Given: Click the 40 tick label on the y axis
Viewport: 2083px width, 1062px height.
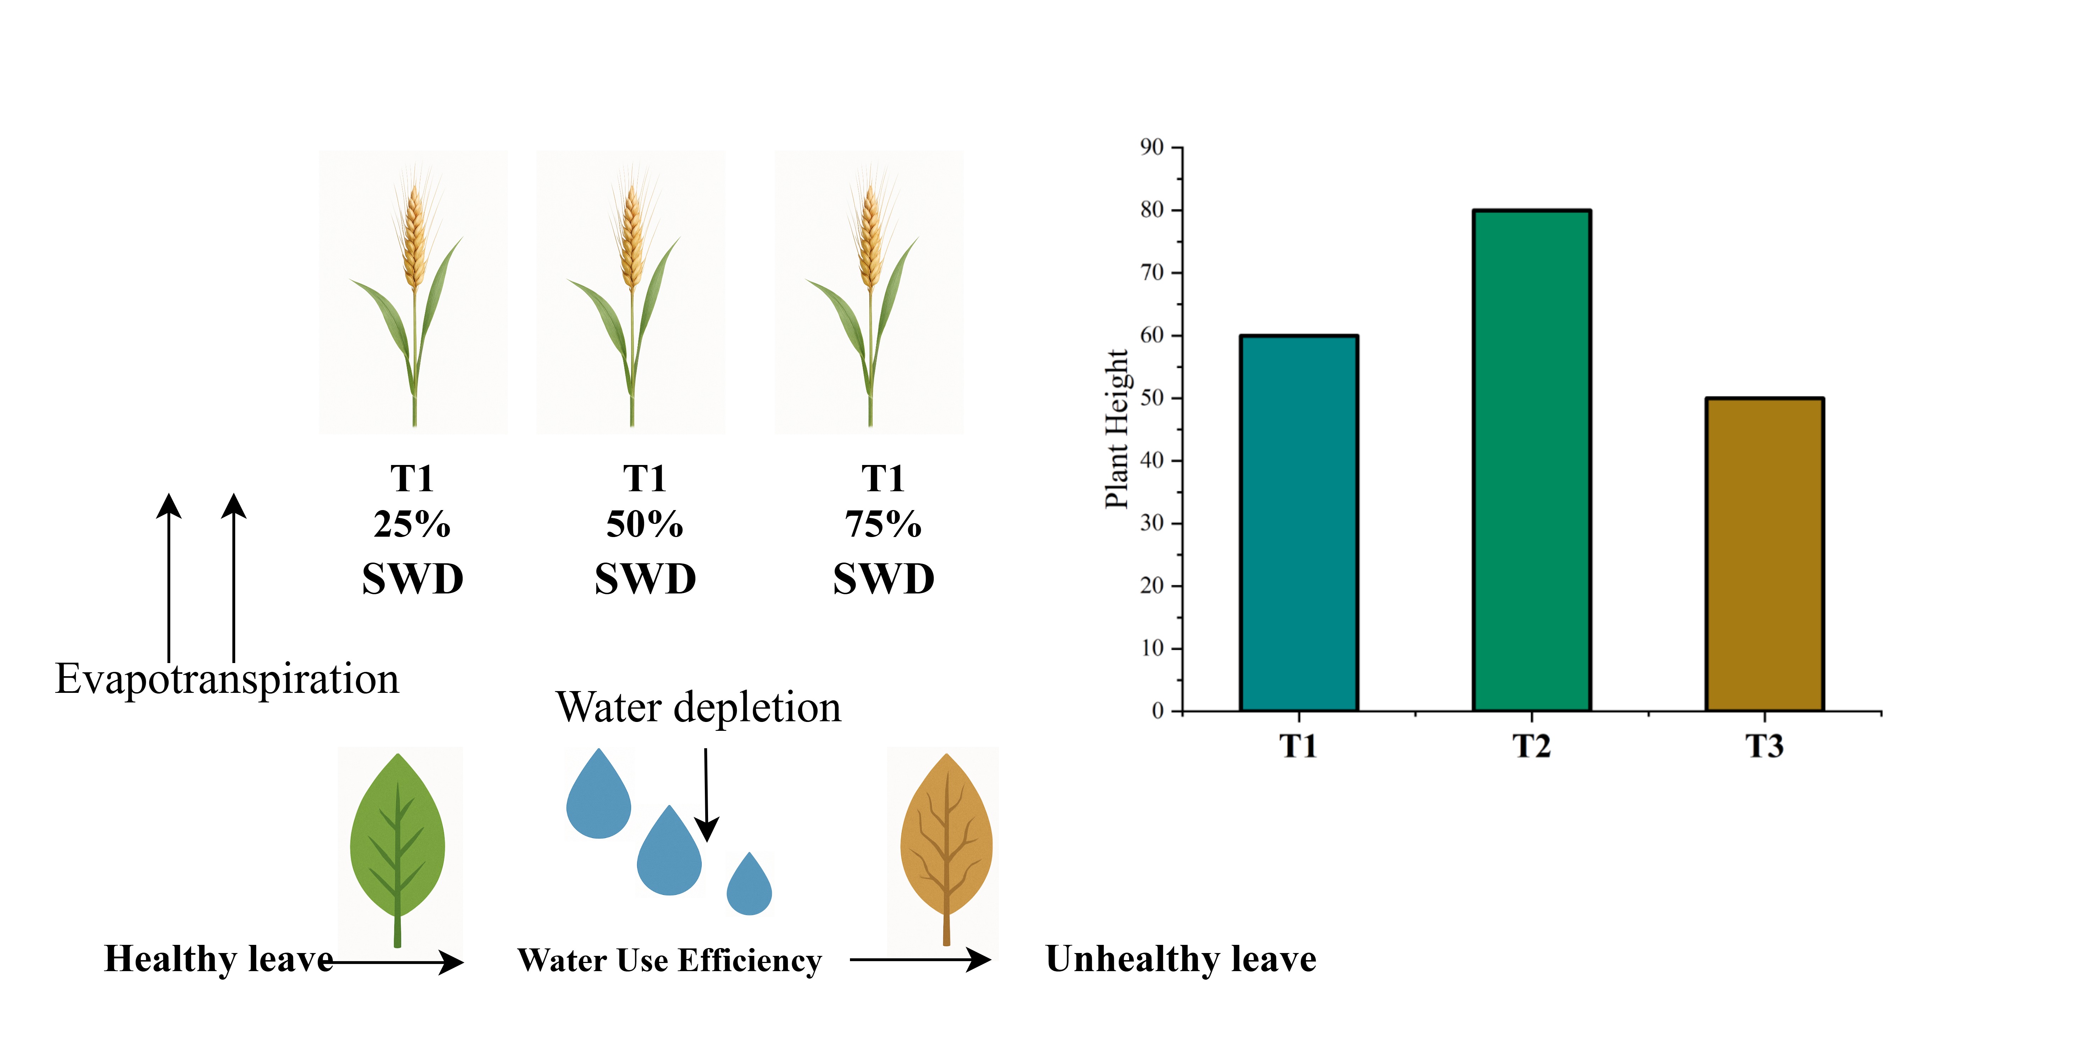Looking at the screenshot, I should pyautogui.click(x=1151, y=460).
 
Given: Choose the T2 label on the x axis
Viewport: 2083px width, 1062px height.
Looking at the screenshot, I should pyautogui.click(x=1531, y=746).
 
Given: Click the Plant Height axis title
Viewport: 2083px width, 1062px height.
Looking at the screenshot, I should pyautogui.click(x=1117, y=429).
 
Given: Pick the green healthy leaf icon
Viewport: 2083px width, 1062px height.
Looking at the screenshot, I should pyautogui.click(x=397, y=841).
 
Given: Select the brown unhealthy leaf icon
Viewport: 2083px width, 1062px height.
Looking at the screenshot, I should pyautogui.click(x=946, y=841).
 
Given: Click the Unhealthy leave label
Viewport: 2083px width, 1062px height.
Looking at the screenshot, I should pyautogui.click(x=1181, y=959).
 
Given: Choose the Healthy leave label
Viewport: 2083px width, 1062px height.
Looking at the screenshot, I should pyautogui.click(x=218, y=959).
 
